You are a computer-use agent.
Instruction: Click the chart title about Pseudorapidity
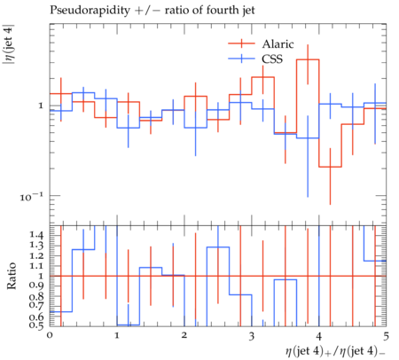pos(152,11)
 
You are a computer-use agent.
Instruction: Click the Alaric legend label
pos(278,44)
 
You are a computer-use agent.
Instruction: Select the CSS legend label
pos(272,59)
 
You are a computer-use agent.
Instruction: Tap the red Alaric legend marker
pos(241,43)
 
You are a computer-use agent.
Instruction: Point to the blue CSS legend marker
pos(241,59)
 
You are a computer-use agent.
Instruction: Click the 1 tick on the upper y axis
pos(41,106)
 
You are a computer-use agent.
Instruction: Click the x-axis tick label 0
pos(50,335)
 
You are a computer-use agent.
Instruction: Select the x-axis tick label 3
pos(252,336)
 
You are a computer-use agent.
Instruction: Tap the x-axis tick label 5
pos(387,336)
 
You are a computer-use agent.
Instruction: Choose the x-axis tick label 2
pos(184,335)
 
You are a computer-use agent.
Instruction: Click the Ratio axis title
pos(12,276)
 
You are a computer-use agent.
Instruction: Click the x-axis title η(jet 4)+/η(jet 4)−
pos(335,351)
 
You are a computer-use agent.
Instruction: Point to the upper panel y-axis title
pos(8,49)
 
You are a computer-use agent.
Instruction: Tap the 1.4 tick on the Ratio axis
pos(36,235)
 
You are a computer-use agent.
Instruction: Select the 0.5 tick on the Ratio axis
pos(36,325)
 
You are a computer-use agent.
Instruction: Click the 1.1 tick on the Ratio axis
pos(36,266)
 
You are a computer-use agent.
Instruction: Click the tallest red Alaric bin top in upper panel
pos(308,59)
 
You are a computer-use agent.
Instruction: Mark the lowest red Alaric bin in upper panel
pos(330,167)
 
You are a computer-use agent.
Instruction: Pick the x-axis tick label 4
pos(319,336)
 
